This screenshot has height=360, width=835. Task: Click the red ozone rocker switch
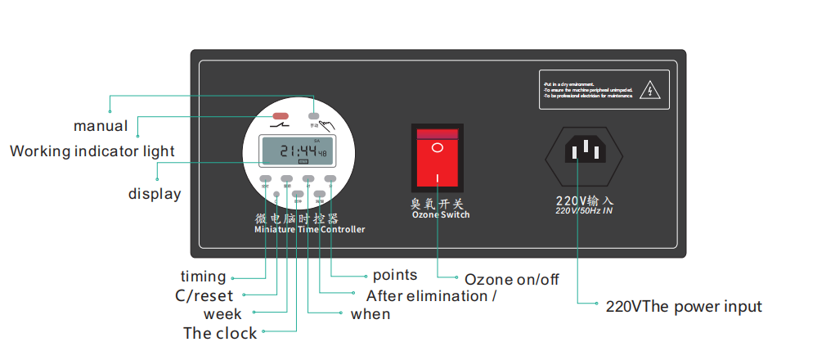[437, 156]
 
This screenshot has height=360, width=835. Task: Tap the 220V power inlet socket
[585, 153]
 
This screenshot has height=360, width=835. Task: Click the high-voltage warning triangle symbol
[649, 89]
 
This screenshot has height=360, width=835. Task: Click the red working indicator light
[281, 117]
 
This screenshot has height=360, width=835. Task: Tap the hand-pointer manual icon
[326, 125]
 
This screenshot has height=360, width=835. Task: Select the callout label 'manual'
[101, 126]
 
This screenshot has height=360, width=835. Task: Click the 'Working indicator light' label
[92, 151]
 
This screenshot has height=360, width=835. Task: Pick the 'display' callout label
[155, 194]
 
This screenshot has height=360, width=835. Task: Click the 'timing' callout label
[204, 277]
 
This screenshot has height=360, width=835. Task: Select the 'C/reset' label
[204, 295]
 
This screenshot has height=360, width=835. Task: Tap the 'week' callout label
[222, 314]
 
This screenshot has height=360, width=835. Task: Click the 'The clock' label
[220, 333]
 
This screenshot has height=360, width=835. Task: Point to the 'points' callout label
[395, 275]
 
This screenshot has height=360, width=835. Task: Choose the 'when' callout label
[370, 314]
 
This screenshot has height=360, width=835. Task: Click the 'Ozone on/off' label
[512, 280]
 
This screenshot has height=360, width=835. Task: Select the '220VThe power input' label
[684, 307]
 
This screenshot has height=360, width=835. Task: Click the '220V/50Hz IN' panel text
[584, 210]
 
